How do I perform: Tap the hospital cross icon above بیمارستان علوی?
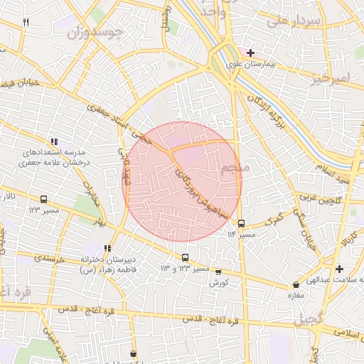pyautogui.click(x=250, y=53)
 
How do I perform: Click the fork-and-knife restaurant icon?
pyautogui.click(x=26, y=22)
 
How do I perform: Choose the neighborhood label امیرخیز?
pyautogui.click(x=331, y=77)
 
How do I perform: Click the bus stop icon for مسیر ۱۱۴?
pyautogui.click(x=241, y=223)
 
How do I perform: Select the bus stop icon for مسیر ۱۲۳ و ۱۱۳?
pyautogui.click(x=186, y=257)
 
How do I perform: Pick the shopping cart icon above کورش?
pyautogui.click(x=218, y=272)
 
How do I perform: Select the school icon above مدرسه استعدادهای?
pyautogui.click(x=55, y=141)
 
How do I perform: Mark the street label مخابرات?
pyautogui.click(x=91, y=187)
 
